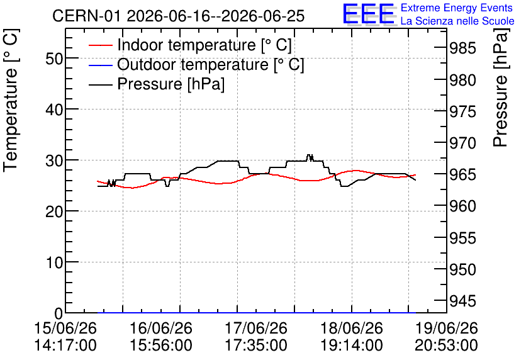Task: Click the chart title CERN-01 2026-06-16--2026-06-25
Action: click(179, 16)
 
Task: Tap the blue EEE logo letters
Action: click(368, 14)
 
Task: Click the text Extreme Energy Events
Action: click(457, 8)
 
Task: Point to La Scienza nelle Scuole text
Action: click(457, 21)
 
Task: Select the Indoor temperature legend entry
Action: click(190, 45)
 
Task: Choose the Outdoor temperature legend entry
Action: click(196, 64)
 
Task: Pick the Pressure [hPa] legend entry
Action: click(157, 84)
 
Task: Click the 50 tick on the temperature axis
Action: click(54, 59)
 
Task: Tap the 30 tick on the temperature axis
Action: click(54, 160)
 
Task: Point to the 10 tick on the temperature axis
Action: click(54, 262)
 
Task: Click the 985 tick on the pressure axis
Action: click(462, 48)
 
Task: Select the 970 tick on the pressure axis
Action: click(462, 143)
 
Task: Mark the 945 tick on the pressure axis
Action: click(462, 301)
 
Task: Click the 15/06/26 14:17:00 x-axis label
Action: click(65, 337)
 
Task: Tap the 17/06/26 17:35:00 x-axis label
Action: click(256, 337)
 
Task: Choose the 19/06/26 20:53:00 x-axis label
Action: click(447, 337)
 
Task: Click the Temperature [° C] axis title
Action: click(11, 101)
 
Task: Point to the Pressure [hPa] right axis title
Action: click(500, 88)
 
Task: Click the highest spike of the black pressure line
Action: click(310, 155)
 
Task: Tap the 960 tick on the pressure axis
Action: click(462, 206)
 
